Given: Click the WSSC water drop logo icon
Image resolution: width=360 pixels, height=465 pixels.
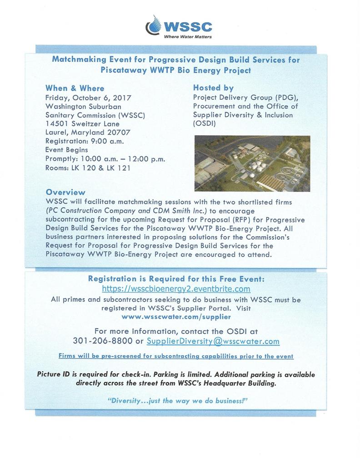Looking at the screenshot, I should pos(154,26).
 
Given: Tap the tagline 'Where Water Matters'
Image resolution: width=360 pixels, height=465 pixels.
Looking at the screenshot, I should pos(187,36).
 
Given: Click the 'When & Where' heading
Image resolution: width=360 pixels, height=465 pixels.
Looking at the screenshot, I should pos(75,88).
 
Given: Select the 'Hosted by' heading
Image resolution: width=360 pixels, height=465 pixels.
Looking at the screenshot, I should pos(213,88).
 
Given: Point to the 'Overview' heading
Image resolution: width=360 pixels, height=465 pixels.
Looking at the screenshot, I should pos(65,192).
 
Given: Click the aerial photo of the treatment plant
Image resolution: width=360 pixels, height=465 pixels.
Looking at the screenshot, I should pos(252,163).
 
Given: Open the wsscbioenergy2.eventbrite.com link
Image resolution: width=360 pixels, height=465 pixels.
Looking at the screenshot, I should pos(176,289).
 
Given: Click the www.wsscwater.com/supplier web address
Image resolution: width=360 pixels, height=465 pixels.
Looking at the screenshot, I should pos(176,317).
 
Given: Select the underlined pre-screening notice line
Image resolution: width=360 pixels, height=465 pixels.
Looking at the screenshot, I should pos(176,356).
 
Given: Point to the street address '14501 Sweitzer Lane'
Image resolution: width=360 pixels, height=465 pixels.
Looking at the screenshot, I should pos(82,124).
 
